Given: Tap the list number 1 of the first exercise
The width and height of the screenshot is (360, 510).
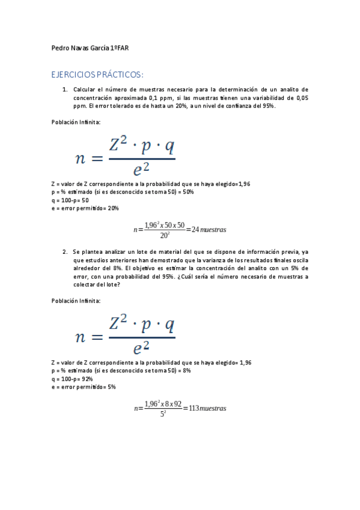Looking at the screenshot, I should pyautogui.click(x=64, y=89).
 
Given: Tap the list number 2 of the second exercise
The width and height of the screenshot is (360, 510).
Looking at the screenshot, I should pyautogui.click(x=64, y=252).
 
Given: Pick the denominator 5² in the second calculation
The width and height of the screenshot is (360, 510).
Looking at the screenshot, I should pyautogui.click(x=163, y=413).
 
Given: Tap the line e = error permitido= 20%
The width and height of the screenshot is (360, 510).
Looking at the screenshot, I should pyautogui.click(x=85, y=208).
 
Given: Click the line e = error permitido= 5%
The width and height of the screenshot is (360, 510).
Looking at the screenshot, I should pyautogui.click(x=84, y=387).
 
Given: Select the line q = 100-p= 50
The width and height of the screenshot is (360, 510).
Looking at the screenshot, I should pyautogui.click(x=70, y=200).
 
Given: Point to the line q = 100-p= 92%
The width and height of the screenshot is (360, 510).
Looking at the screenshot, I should pyautogui.click(x=72, y=379).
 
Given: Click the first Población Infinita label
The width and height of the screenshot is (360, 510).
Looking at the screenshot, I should pyautogui.click(x=76, y=122).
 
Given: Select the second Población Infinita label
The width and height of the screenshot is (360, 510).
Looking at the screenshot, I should pyautogui.click(x=76, y=301).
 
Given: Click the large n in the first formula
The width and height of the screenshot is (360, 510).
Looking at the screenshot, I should pyautogui.click(x=81, y=159).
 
